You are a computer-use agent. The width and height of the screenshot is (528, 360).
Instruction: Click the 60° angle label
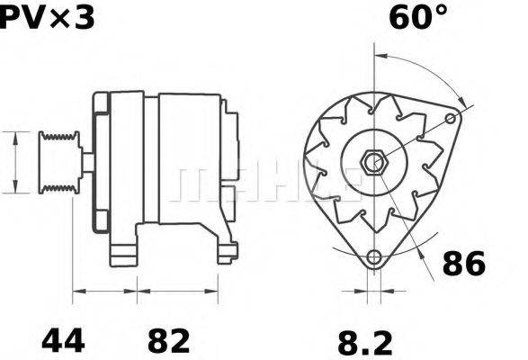(x=418, y=17)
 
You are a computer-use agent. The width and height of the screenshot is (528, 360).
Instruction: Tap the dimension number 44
(x=63, y=341)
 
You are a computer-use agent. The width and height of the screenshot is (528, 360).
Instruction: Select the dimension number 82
(x=168, y=341)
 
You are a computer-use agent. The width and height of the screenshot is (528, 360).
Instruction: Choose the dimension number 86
(x=464, y=264)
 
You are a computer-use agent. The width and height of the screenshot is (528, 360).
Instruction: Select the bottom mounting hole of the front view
(x=373, y=258)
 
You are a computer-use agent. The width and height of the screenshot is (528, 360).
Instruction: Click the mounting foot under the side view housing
(x=126, y=247)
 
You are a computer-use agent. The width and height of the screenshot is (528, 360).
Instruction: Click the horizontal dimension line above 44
(x=104, y=292)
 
